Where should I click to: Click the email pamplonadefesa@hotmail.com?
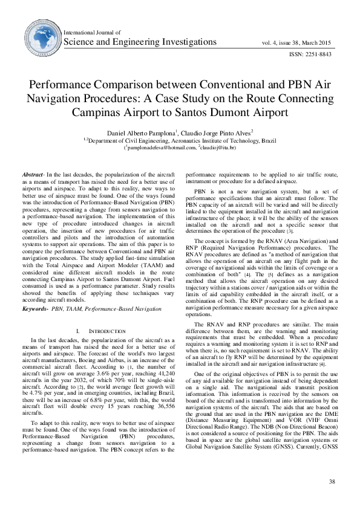161,148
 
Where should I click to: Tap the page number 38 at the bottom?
332,482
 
